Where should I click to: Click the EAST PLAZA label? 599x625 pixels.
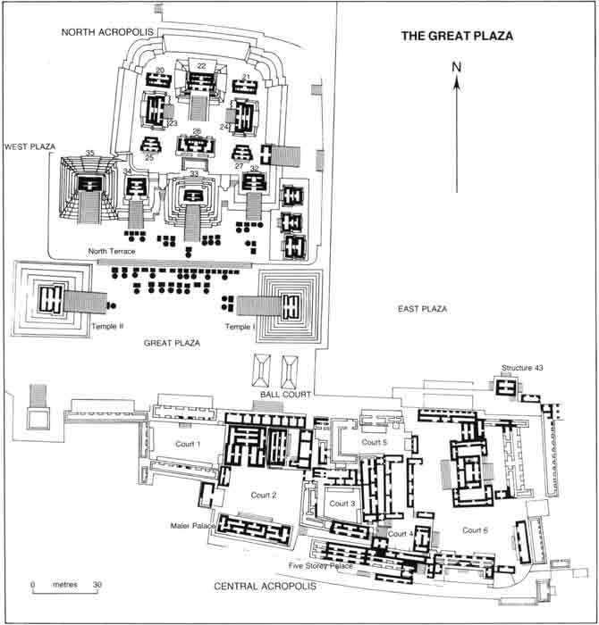pos(421,309)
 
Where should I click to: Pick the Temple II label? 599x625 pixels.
pos(106,327)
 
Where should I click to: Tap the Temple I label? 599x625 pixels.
pos(240,327)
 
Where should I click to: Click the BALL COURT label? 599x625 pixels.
pos(282,394)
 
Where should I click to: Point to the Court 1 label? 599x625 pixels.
pos(187,444)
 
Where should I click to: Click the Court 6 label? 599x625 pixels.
pos(476,530)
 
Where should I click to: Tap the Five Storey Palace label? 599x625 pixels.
pos(323,565)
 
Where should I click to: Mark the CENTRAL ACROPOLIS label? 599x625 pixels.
pos(266,587)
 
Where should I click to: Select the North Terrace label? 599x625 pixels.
pos(113,252)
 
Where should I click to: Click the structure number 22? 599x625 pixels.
pos(201,66)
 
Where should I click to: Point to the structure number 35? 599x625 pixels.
pos(89,153)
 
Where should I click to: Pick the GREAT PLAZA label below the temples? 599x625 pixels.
pos(171,342)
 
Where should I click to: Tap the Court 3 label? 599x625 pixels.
pos(342,504)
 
